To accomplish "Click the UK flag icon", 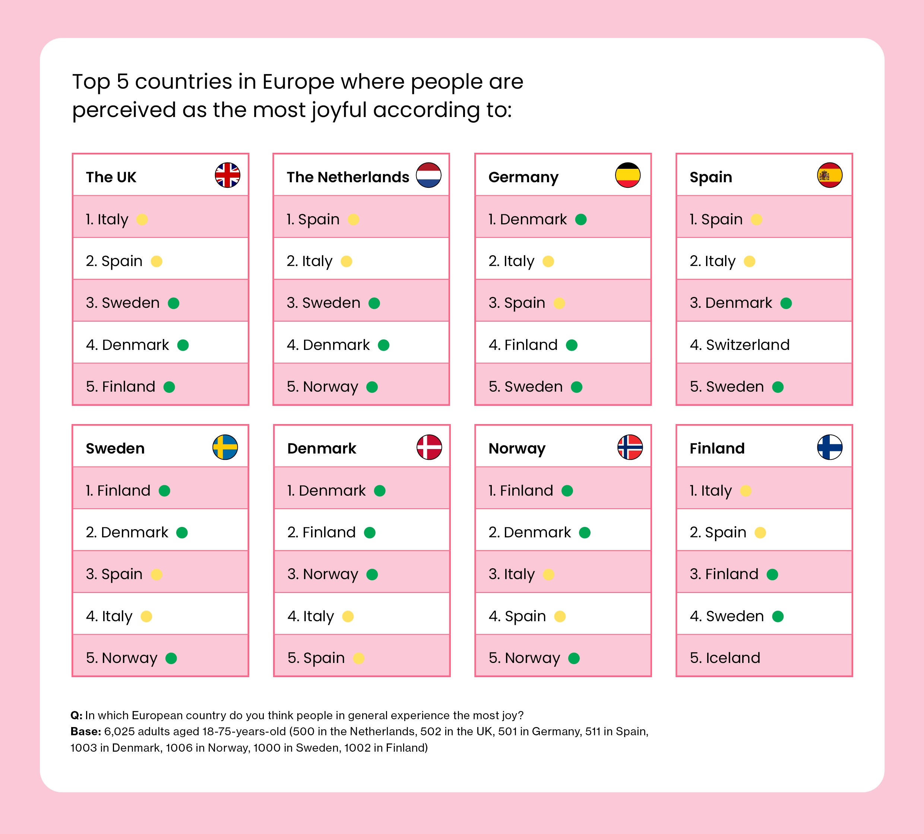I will point(227,175).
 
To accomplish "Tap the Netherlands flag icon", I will point(428,175).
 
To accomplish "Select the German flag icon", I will point(627,175).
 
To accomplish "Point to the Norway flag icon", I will point(630,447).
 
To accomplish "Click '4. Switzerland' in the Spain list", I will point(739,345).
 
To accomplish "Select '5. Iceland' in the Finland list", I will point(725,658).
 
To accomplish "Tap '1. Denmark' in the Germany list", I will point(527,219).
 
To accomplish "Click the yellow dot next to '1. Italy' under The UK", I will point(142,219).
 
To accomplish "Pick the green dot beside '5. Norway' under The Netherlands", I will point(372,387).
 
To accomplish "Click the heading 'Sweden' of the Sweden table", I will point(115,448).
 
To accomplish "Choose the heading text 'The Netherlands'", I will point(348,177).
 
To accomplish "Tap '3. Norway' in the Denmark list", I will point(323,574).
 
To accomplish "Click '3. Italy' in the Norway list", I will point(511,574).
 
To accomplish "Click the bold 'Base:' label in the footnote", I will point(86,732).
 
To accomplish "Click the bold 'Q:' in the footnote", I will point(76,715).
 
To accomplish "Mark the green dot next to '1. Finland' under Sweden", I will point(164,491).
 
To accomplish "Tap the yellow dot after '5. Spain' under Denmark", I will point(359,658).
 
